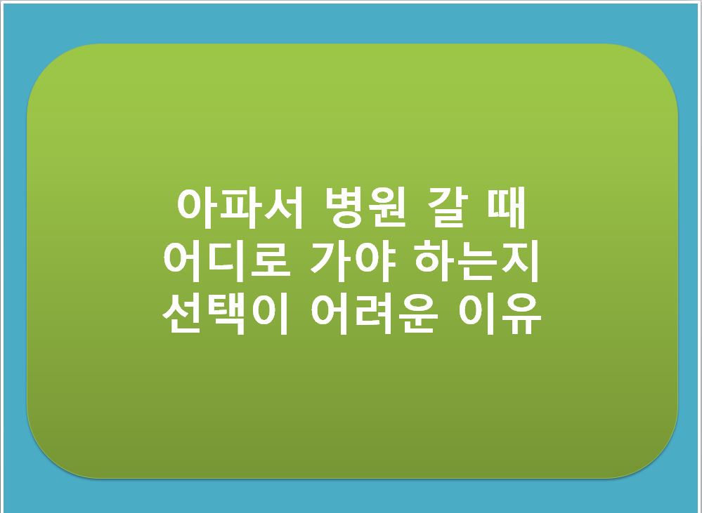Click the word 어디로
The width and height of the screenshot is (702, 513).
[227, 261]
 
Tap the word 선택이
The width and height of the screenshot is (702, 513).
[227, 314]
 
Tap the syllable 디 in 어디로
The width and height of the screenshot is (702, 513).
[227, 261]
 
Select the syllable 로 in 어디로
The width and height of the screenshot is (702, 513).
[269, 261]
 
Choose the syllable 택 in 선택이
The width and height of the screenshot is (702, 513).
[227, 314]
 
